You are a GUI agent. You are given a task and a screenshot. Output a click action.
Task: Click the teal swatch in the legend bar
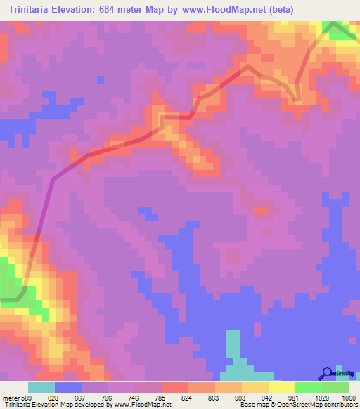41,387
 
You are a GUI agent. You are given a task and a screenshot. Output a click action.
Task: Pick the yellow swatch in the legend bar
281,387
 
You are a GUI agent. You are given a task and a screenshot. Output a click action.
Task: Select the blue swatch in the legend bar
68,387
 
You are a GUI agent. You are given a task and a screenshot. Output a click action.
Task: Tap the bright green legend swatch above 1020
309,387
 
